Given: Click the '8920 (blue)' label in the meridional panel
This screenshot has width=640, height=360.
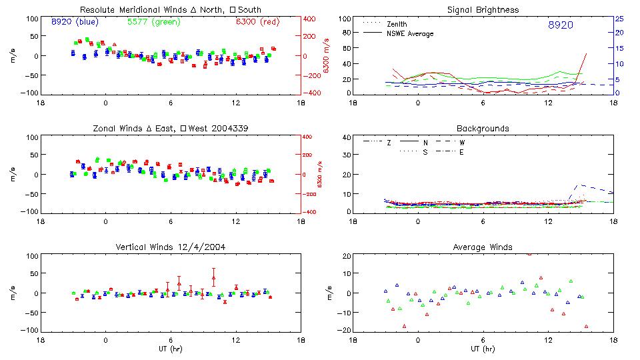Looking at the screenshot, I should click(x=75, y=21).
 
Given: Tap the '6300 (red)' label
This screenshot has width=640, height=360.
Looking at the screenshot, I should click(x=257, y=21).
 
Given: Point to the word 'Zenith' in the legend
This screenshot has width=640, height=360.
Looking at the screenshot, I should click(x=397, y=25).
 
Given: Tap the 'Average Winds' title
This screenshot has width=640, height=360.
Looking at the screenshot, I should click(x=484, y=247).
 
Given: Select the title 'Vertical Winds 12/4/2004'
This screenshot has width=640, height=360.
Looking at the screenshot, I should click(x=171, y=247).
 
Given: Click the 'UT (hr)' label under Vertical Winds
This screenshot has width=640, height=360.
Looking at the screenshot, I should click(x=171, y=349).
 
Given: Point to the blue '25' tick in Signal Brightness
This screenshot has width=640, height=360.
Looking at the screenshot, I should click(x=619, y=19).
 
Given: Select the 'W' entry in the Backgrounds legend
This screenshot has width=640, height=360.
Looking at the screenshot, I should click(x=462, y=143).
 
